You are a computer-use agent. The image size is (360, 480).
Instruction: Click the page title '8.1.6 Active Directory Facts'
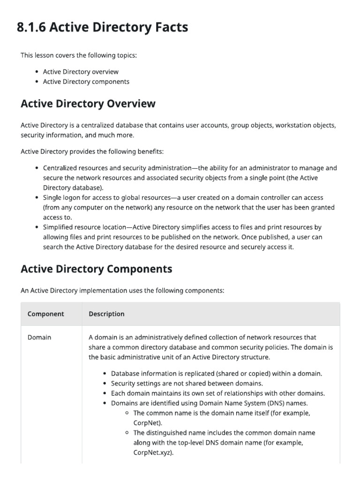102,28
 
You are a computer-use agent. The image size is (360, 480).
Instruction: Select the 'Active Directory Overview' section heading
88,104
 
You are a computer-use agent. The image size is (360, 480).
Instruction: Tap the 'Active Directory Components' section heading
96,269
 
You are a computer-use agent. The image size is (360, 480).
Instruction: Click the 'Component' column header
46,314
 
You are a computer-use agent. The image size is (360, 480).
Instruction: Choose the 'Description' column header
106,314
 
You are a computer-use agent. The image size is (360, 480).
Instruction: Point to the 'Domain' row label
39,337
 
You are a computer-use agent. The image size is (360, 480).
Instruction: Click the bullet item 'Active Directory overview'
81,72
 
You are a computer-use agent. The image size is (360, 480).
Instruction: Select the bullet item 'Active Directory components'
86,82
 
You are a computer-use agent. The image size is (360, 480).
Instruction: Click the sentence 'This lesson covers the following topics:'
79,55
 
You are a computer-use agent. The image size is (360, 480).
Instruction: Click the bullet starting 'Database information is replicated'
216,374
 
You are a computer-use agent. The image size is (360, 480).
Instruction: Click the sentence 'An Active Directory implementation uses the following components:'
122,291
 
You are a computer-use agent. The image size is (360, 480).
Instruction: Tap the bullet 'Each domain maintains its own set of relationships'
217,393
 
